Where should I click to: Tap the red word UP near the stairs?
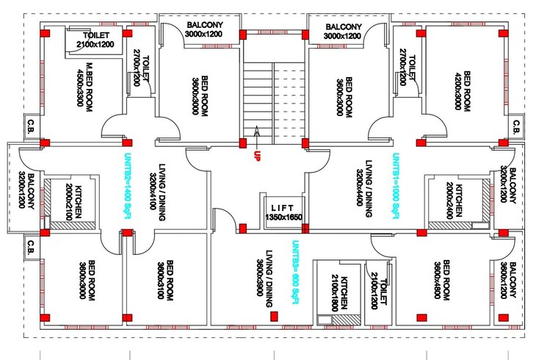(x=257, y=156)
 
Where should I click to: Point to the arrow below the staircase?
(x=257, y=135)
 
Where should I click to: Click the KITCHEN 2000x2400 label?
(x=456, y=200)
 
